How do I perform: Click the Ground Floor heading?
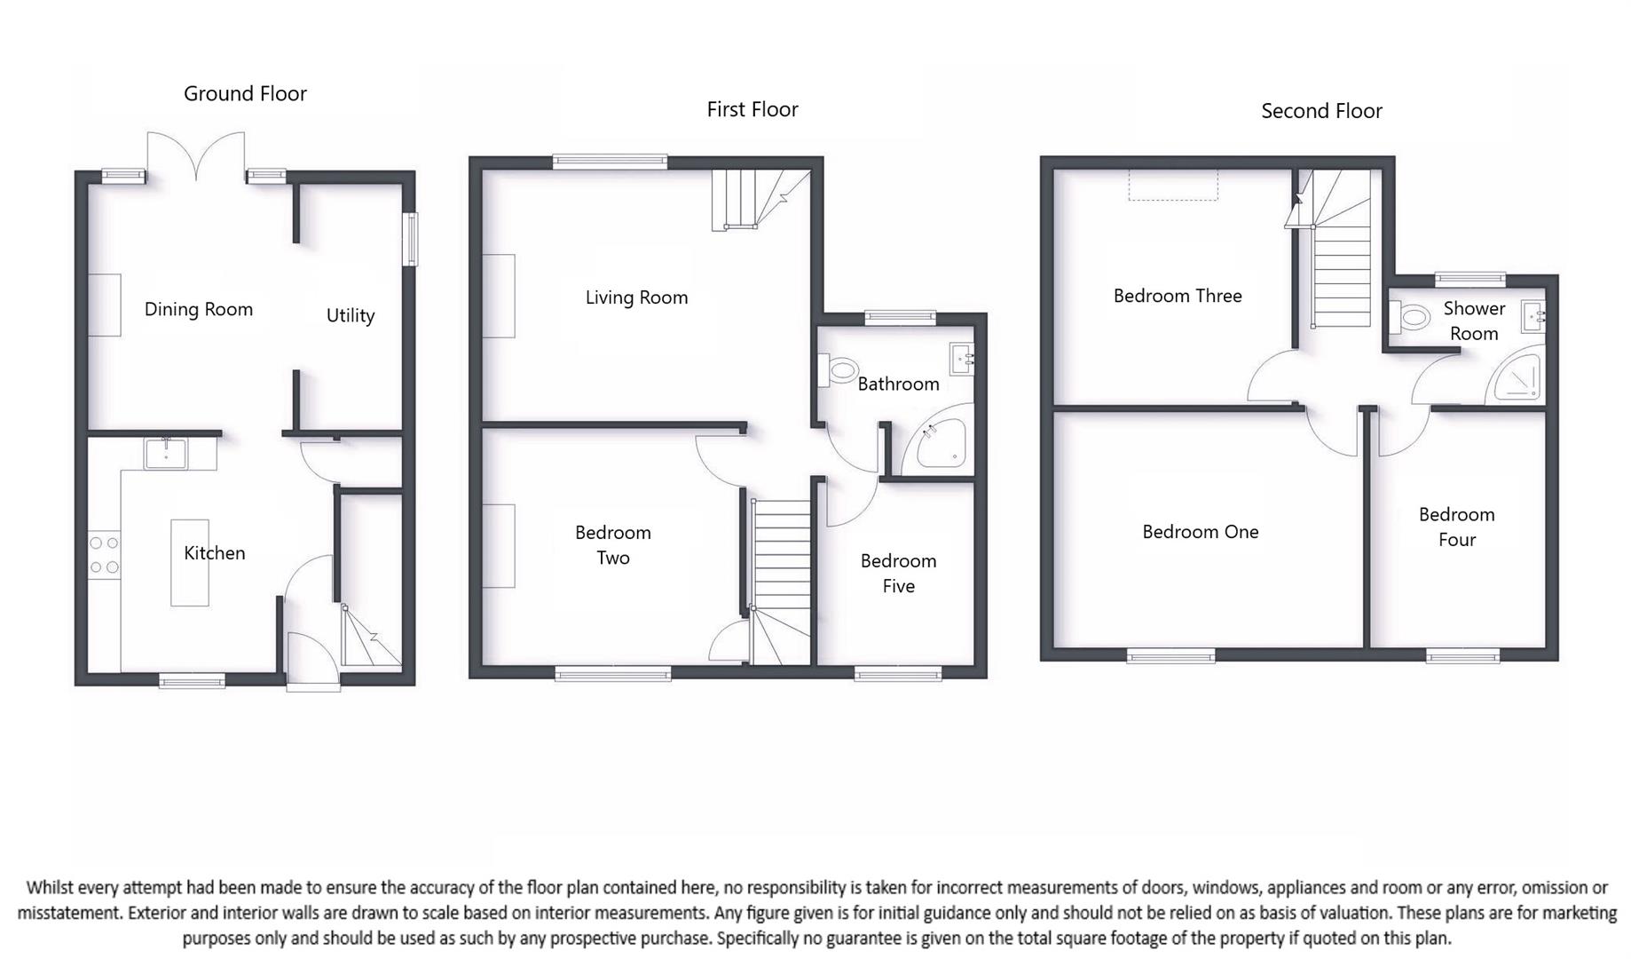(245, 93)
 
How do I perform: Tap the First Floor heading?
(752, 109)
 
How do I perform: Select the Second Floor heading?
(1321, 111)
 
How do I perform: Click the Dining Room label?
(199, 309)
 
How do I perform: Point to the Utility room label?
(351, 315)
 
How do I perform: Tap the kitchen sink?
(166, 453)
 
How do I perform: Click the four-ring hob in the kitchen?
(104, 555)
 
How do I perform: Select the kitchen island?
(189, 563)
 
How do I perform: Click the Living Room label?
(636, 297)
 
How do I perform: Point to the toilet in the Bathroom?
(839, 369)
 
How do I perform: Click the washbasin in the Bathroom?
(962, 360)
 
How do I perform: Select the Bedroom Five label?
(898, 573)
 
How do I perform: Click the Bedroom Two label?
(612, 544)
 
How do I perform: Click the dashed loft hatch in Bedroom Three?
(1173, 186)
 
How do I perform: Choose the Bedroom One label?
(1200, 532)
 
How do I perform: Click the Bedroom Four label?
(1456, 527)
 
